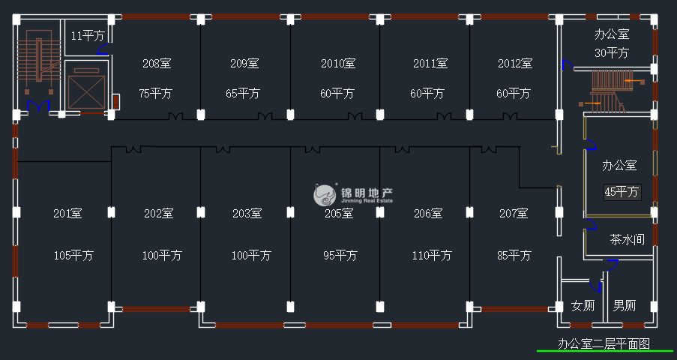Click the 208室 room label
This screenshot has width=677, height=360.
pos(157,64)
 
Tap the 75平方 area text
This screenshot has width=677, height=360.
pos(157,94)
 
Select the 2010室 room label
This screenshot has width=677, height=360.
pos(337,64)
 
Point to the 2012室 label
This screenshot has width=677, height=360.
pos(514,64)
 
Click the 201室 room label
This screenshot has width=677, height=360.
pos(67,214)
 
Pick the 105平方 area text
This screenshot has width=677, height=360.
pos(73,256)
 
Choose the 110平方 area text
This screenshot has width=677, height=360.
pos(431,256)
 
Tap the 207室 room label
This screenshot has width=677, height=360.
pos(514,214)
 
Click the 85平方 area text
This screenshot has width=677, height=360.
pos(514,256)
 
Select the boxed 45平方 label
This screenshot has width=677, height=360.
pos(622,192)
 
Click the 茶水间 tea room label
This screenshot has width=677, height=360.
pos(627,241)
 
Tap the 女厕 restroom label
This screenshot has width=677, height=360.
pos(583,306)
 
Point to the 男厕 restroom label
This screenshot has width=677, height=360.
pos(625,306)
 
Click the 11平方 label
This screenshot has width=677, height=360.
pos(88,35)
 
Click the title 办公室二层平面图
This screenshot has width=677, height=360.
pos(604,344)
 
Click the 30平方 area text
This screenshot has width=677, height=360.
pos(611,53)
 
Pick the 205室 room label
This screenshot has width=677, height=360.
pos(338,214)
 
